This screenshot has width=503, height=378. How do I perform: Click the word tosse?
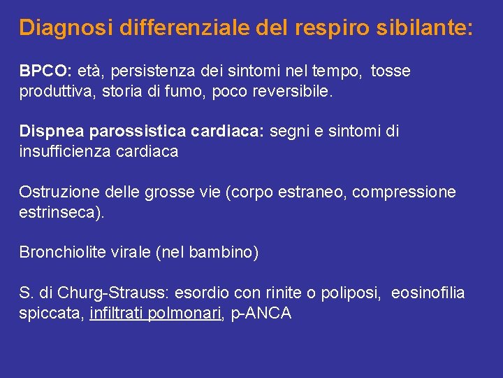[x=391, y=71]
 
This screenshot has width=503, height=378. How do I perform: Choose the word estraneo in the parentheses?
[x=314, y=192]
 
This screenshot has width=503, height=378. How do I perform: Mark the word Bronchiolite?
[x=63, y=253]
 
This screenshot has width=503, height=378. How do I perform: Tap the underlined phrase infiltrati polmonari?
[x=155, y=313]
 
